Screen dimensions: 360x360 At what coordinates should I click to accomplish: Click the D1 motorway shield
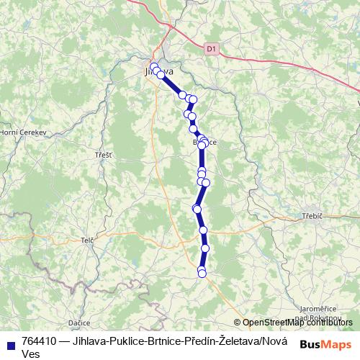click(210, 49)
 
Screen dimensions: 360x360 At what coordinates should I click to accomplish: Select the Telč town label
click(88, 240)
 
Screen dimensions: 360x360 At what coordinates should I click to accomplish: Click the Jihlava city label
click(159, 71)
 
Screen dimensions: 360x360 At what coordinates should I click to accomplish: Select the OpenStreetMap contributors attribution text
click(297, 323)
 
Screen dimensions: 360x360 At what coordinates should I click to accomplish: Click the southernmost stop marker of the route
click(202, 272)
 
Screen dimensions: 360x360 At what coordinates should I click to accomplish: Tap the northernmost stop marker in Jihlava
click(153, 66)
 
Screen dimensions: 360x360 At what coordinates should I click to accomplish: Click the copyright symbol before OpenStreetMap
click(238, 323)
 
